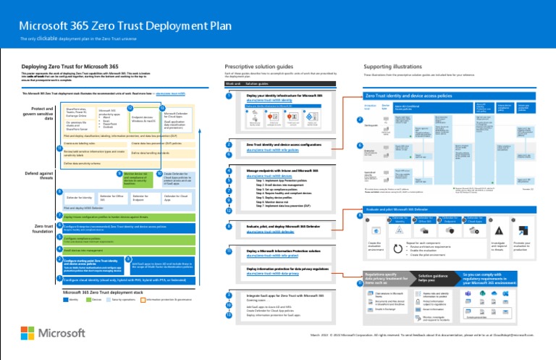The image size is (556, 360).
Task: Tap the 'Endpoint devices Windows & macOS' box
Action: click(146, 117)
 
